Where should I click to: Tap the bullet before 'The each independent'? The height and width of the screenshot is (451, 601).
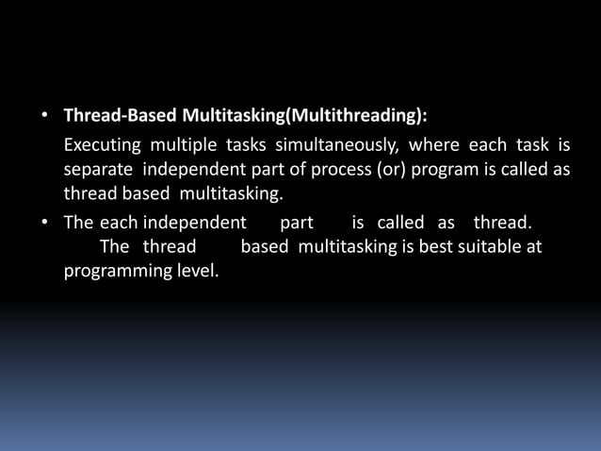[43, 224]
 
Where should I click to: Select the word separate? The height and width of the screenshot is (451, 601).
[98, 170]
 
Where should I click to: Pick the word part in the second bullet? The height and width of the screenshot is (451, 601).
[297, 223]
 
